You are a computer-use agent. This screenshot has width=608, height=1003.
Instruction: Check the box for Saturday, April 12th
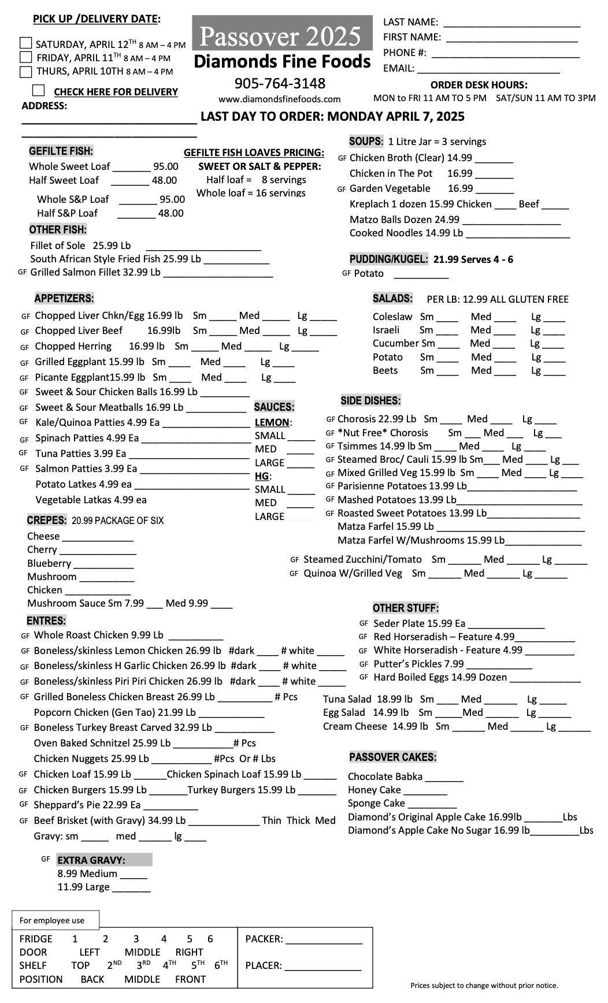coord(25,43)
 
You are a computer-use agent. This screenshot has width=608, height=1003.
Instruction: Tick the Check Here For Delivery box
coord(39,91)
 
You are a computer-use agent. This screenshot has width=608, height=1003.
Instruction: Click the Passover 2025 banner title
coord(280,36)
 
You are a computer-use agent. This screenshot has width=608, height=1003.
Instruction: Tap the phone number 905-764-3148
coord(280,83)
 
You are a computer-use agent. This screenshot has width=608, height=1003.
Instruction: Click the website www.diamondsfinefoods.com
coord(279,99)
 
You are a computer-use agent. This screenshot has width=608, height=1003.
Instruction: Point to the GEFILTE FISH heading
coord(61,151)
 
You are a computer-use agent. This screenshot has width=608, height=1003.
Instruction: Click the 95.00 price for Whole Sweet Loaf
coord(166,166)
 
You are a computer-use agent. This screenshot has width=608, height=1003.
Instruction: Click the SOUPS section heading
coord(366,142)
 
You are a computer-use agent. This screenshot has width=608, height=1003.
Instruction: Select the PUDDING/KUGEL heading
coord(388,259)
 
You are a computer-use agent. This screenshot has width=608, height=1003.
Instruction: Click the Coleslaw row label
coord(392,317)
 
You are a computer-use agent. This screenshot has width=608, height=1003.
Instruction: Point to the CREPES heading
coord(47,520)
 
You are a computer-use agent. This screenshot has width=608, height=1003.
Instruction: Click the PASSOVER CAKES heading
coord(392,757)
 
